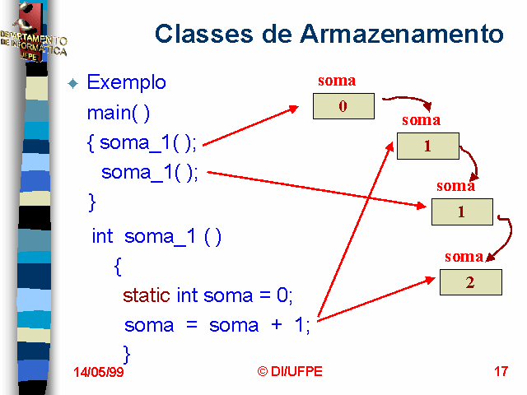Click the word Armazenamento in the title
click(x=402, y=34)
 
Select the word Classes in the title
click(x=203, y=34)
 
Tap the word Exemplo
click(x=126, y=82)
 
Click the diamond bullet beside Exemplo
click(x=73, y=83)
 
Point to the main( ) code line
click(x=118, y=114)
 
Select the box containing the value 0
click(x=343, y=106)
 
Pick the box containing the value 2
click(x=471, y=282)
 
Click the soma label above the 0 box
click(x=337, y=81)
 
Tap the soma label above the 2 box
click(x=464, y=257)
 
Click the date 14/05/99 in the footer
click(x=99, y=372)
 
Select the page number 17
click(x=501, y=371)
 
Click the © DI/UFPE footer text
click(x=290, y=371)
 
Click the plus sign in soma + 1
click(x=277, y=325)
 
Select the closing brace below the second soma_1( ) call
click(x=91, y=202)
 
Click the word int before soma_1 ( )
click(x=102, y=236)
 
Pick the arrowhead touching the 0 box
click(x=294, y=109)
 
